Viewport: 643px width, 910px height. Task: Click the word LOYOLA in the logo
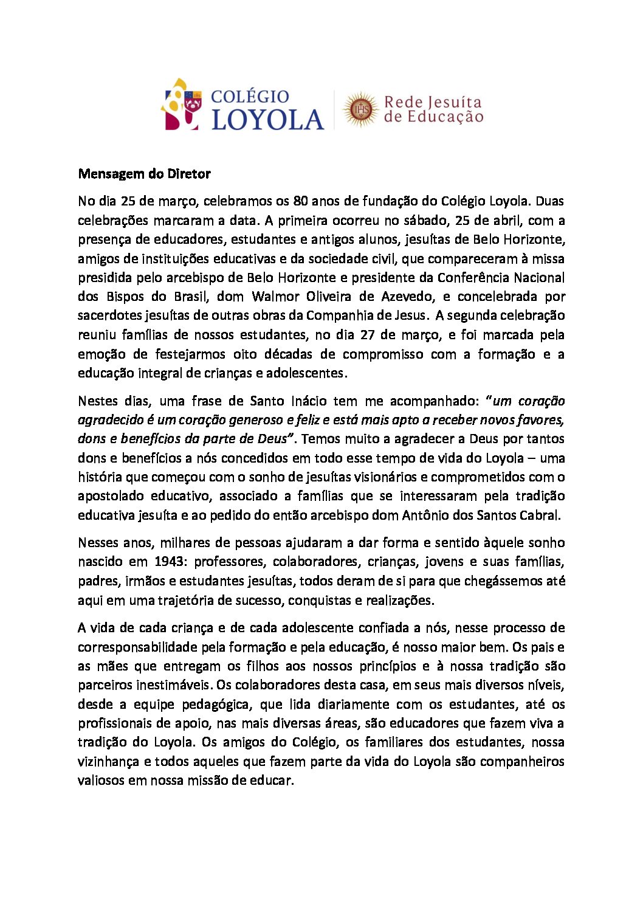(x=267, y=119)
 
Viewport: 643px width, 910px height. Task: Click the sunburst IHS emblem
(x=360, y=109)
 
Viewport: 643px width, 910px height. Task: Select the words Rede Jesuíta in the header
(x=433, y=102)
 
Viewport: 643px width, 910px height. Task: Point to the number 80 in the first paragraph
(x=301, y=201)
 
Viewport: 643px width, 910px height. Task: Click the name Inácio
(x=309, y=401)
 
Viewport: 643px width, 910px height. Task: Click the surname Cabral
(x=538, y=515)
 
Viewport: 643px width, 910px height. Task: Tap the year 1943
(x=170, y=562)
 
